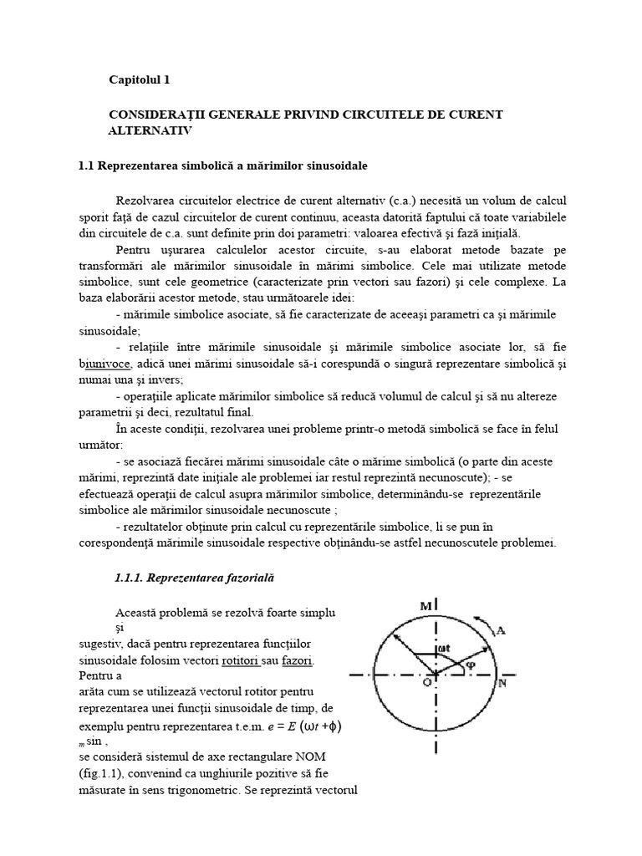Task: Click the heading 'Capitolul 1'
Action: pyautogui.click(x=140, y=80)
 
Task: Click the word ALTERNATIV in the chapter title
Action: pyautogui.click(x=150, y=131)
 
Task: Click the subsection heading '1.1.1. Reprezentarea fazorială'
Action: pyautogui.click(x=193, y=578)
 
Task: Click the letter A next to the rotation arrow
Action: pyautogui.click(x=500, y=631)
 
